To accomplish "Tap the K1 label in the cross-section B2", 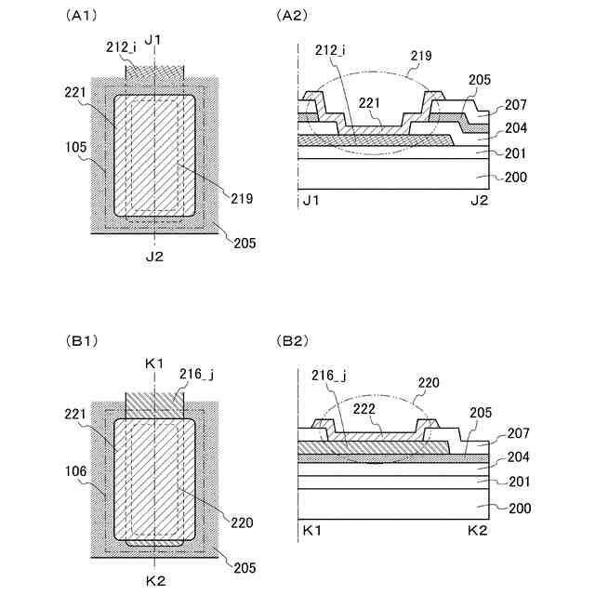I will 313,530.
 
